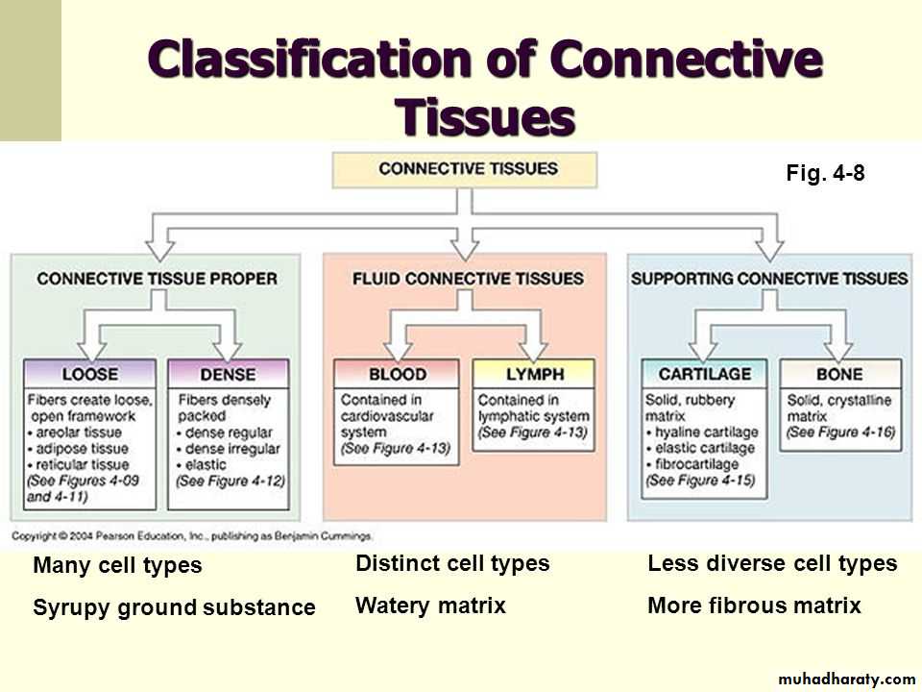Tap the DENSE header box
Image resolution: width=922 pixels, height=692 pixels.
pyautogui.click(x=228, y=374)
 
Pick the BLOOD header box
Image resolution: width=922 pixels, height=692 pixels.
pyautogui.click(x=397, y=374)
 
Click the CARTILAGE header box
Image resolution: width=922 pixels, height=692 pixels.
pyautogui.click(x=705, y=374)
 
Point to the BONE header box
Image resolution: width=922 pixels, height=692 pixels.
pyautogui.click(x=839, y=374)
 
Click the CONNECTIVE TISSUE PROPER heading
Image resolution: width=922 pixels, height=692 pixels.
pyautogui.click(x=157, y=279)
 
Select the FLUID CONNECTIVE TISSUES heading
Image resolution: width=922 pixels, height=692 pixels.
pyautogui.click(x=468, y=279)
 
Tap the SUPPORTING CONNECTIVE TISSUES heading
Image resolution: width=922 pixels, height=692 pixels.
pyautogui.click(x=768, y=279)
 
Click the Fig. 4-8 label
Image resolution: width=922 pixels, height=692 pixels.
pyautogui.click(x=826, y=176)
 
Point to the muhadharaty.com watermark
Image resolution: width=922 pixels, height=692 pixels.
pyautogui.click(x=847, y=679)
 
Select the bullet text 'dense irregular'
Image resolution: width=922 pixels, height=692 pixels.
pyautogui.click(x=231, y=449)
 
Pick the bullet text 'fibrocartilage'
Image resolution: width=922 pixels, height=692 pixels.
pyautogui.click(x=701, y=464)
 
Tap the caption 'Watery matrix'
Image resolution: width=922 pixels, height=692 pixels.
pyautogui.click(x=430, y=605)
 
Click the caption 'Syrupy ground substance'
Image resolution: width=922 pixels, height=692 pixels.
pyautogui.click(x=174, y=607)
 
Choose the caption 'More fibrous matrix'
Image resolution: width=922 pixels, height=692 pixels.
pyautogui.click(x=754, y=605)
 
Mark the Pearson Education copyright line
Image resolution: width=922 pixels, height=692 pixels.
pyautogui.click(x=192, y=535)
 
